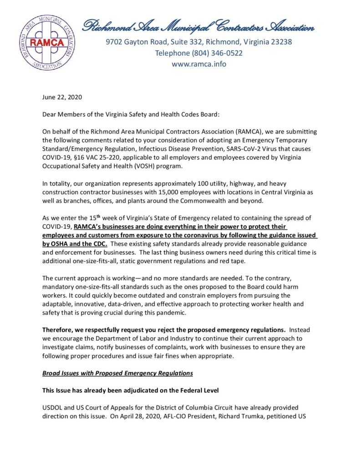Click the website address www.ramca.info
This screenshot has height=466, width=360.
click(198, 64)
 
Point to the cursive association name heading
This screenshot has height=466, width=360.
click(198, 26)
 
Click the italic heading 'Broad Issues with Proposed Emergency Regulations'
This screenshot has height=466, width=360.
click(117, 373)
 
